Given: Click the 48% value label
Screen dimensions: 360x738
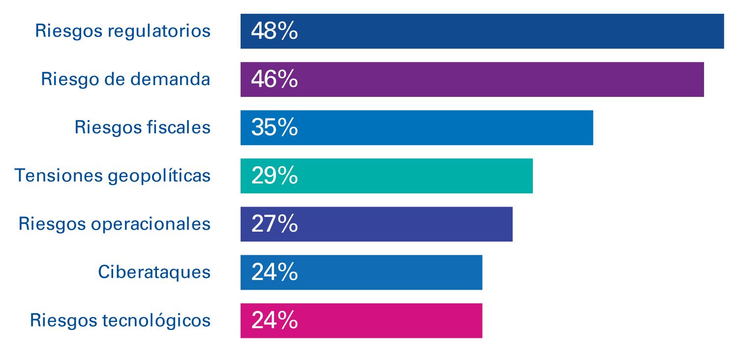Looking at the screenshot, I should [274, 31].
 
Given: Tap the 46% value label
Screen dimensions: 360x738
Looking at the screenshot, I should [274, 79].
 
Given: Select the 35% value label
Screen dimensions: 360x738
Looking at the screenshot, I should [274, 128].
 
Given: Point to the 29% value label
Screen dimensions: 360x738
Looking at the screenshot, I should [274, 176].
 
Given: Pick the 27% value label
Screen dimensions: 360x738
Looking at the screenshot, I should [274, 224].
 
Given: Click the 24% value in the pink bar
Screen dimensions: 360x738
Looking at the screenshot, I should [274, 321].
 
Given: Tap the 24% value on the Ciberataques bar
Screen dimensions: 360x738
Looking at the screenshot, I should [274, 272].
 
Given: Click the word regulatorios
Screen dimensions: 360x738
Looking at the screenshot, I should [159, 31].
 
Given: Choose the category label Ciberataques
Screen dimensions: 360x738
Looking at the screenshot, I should [154, 272].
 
